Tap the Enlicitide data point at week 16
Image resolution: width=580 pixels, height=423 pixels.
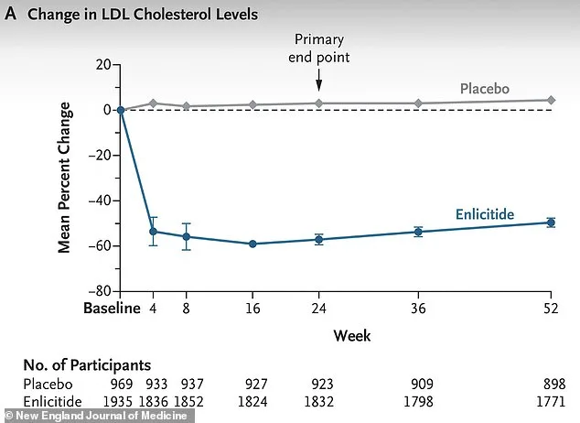(x=252, y=244)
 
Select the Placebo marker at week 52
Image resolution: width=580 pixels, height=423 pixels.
(x=551, y=100)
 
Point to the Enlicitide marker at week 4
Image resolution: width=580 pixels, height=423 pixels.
(x=154, y=231)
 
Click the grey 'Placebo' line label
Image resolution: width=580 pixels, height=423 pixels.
(x=484, y=89)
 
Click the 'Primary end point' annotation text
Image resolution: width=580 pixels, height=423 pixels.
(x=319, y=47)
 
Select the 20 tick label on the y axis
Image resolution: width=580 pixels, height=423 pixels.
(x=101, y=64)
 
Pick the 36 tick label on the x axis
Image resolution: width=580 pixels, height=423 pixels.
(x=418, y=309)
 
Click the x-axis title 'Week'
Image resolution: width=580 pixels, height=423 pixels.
(x=352, y=336)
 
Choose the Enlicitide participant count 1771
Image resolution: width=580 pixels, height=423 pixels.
(x=550, y=402)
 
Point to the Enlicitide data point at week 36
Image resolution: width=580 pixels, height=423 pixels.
(x=418, y=232)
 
